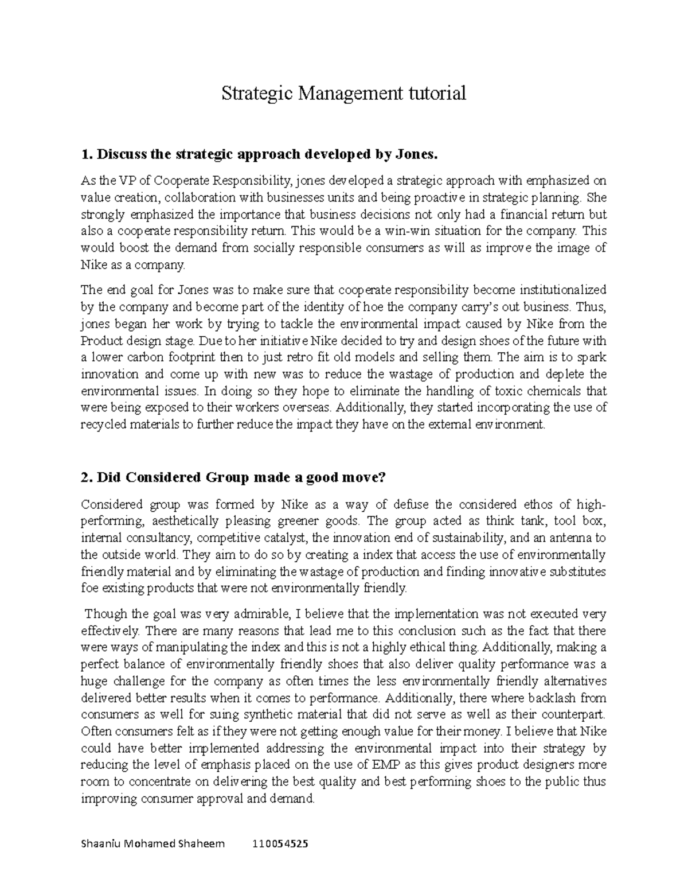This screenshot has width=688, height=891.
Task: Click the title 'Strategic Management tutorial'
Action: point(343,93)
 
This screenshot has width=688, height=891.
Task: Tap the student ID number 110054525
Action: point(280,844)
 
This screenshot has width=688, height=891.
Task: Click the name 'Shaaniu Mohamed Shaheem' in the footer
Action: point(153,844)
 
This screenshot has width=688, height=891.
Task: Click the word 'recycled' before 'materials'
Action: point(101,425)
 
